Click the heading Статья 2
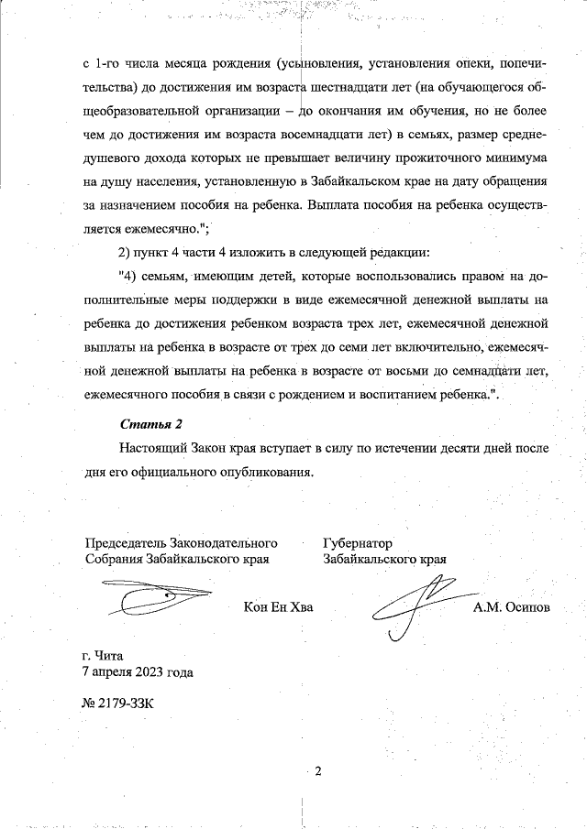tap(152, 424)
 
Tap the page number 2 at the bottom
tap(317, 770)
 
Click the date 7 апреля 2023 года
tap(138, 671)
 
